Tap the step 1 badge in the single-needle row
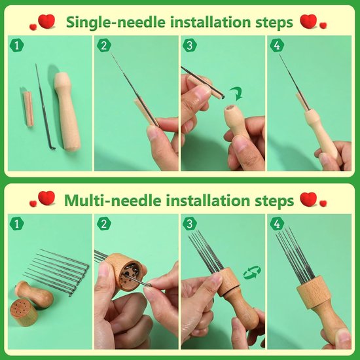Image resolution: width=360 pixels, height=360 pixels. pyautogui.click(x=17, y=45)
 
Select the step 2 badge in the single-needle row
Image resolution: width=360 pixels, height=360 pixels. pyautogui.click(x=104, y=45)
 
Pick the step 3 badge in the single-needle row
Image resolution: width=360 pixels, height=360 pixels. pyautogui.click(x=190, y=45)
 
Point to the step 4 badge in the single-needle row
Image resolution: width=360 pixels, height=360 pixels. pyautogui.click(x=277, y=45)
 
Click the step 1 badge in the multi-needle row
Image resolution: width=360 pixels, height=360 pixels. pyautogui.click(x=17, y=224)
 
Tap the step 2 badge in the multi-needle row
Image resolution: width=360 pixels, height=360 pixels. pyautogui.click(x=104, y=224)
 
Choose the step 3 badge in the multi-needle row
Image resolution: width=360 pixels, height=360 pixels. pyautogui.click(x=190, y=224)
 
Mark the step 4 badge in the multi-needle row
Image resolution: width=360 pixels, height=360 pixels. pyautogui.click(x=277, y=224)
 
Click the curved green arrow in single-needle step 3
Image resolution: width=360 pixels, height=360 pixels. pyautogui.click(x=237, y=94)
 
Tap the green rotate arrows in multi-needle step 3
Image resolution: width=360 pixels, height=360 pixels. pyautogui.click(x=252, y=272)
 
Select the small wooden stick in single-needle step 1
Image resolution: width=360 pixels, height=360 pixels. pyautogui.click(x=28, y=109)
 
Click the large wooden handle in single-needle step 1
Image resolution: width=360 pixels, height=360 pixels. pyautogui.click(x=67, y=111)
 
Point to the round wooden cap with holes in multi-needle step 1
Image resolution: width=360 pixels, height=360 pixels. pyautogui.click(x=24, y=312)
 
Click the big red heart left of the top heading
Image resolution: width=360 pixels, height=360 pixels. pyautogui.click(x=46, y=21)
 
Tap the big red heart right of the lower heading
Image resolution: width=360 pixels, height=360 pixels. pyautogui.click(x=308, y=199)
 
